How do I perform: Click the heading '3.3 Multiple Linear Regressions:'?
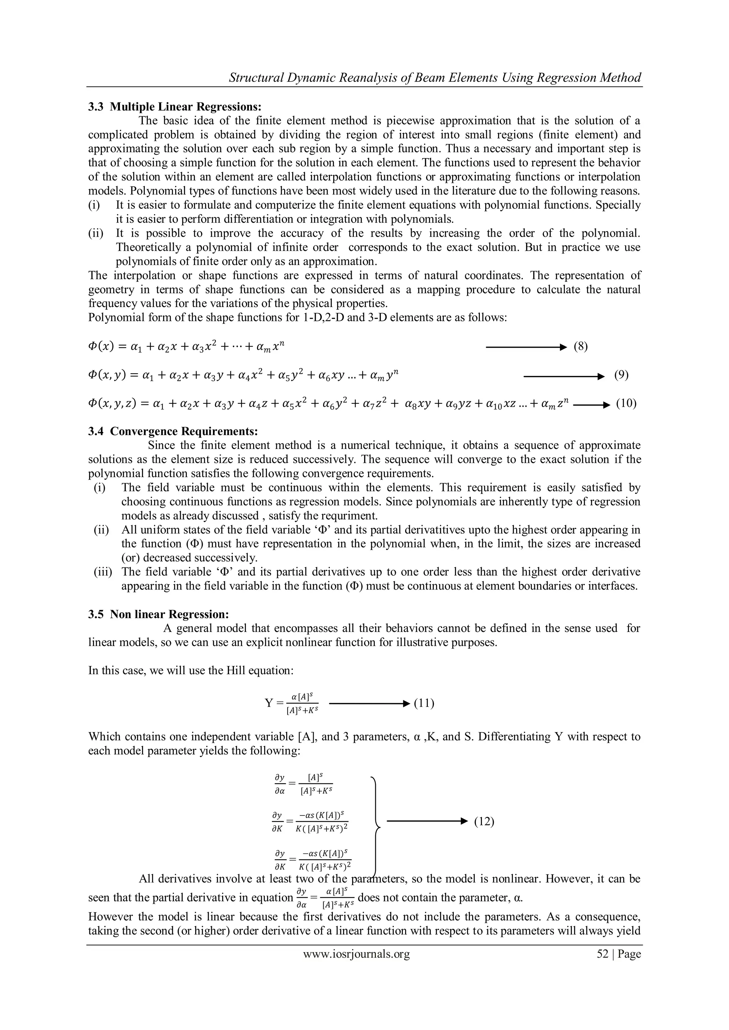tap(175, 107)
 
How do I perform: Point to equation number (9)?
tap(621, 375)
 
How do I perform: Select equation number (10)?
tap(626, 404)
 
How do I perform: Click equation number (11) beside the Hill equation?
tap(423, 703)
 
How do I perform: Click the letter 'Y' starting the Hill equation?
tap(268, 703)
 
